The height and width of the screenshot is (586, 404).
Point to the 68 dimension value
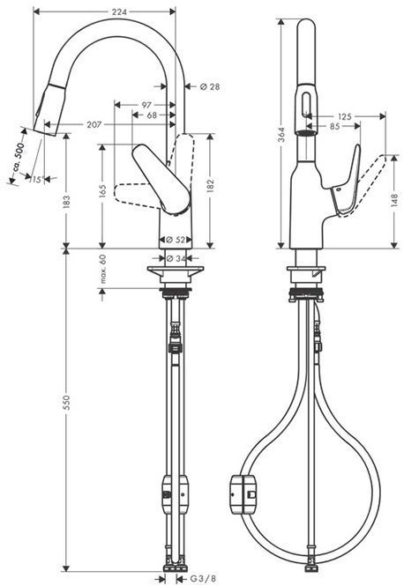pos(153,115)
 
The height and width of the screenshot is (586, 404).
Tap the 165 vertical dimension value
pos(103,189)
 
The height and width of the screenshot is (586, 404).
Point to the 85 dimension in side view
pos(333,126)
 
